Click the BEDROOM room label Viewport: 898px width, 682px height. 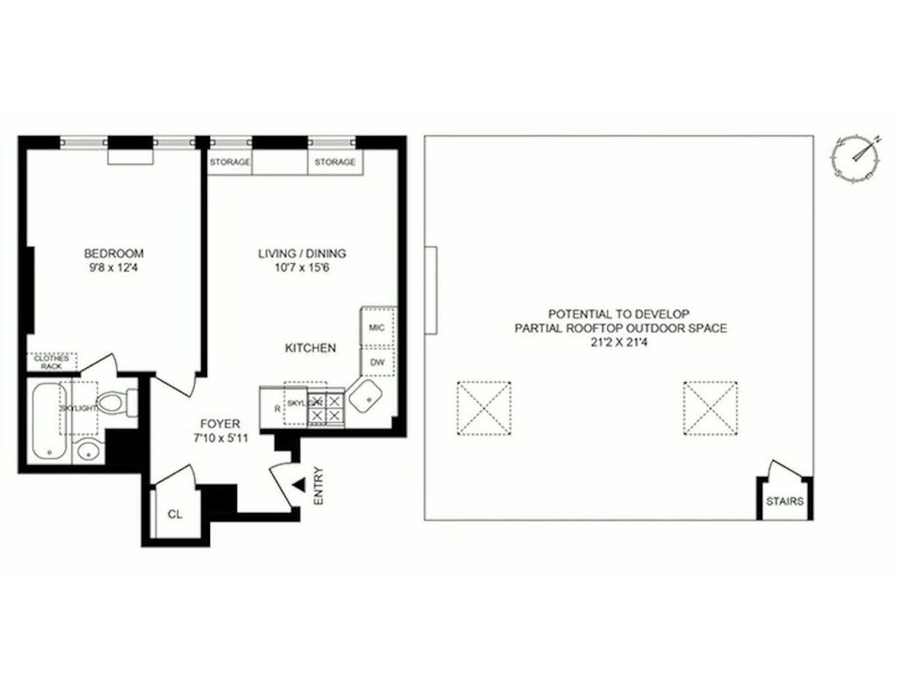113,254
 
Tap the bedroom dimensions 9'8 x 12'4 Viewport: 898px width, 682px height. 113,268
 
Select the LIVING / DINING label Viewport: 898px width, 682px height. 302,254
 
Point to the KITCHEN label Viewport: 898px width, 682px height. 310,348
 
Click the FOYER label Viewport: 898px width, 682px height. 220,424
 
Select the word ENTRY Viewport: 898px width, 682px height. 319,486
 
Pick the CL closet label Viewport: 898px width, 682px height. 175,514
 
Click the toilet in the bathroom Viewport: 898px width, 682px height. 116,402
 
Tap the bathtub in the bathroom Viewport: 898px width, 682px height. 49,421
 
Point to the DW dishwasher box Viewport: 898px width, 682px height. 378,362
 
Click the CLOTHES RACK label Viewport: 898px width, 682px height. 52,362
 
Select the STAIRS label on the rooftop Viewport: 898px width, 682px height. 785,501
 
